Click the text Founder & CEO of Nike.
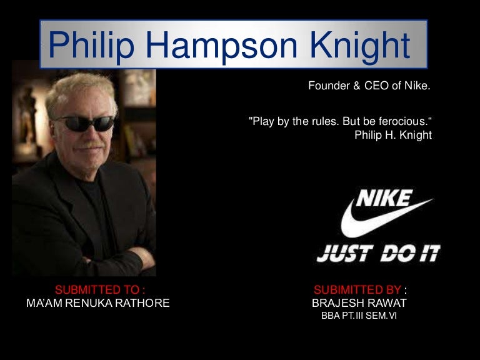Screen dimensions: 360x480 [x=369, y=86]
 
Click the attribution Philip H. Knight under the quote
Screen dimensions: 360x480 [x=393, y=135]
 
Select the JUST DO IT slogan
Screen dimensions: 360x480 [x=378, y=253]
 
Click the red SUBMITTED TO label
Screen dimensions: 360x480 [x=101, y=289]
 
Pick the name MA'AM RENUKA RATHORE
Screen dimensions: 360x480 [x=98, y=303]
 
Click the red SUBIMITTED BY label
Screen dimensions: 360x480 [x=358, y=289]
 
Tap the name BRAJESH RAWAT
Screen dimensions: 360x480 [x=359, y=303]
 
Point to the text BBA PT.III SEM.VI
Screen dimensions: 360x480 [x=359, y=316]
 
